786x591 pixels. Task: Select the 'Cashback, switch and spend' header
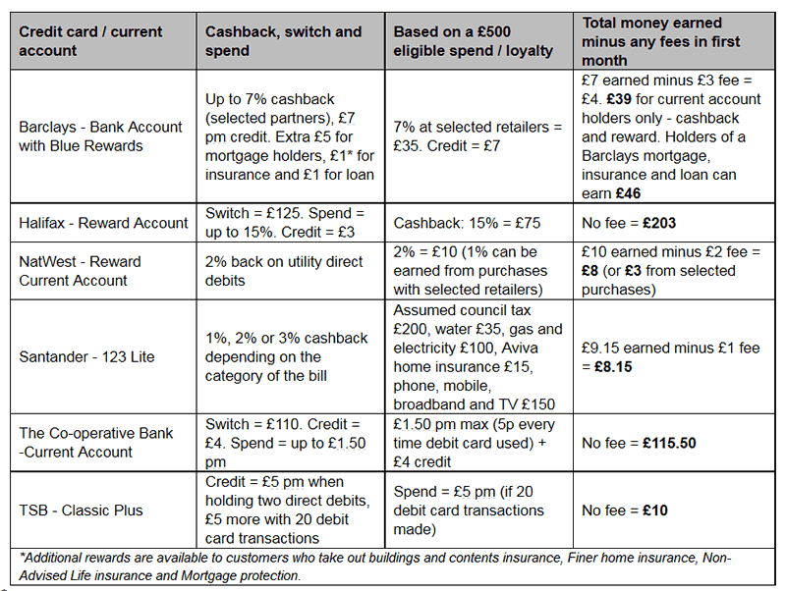(x=283, y=41)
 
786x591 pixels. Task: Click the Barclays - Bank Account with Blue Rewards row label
(x=100, y=136)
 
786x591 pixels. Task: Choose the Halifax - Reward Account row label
(x=103, y=223)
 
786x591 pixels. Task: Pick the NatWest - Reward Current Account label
(x=81, y=271)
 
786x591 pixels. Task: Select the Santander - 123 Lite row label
(x=86, y=356)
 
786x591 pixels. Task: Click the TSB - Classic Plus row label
(x=81, y=510)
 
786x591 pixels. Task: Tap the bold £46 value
(x=626, y=193)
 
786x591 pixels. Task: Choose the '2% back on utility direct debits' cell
(x=286, y=271)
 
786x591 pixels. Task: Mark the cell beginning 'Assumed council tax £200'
(x=477, y=356)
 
